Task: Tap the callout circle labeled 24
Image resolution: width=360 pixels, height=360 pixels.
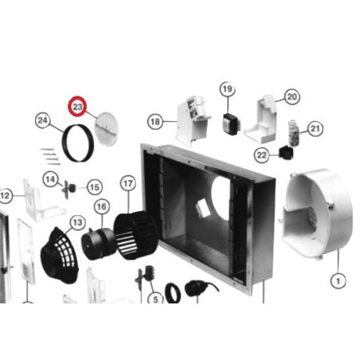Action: (44, 121)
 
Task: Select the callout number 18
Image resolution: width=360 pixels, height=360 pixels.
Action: (155, 120)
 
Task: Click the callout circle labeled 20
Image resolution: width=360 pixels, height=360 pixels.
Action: (291, 96)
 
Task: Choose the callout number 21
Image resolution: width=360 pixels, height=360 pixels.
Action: (316, 128)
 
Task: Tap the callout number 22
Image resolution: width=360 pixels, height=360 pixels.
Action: (262, 154)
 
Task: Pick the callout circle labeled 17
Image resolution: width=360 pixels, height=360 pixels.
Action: (127, 183)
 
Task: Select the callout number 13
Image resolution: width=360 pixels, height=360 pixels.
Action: (77, 221)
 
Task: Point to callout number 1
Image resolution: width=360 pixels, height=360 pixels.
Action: (338, 280)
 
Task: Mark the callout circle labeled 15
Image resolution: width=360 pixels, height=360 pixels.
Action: (95, 187)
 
